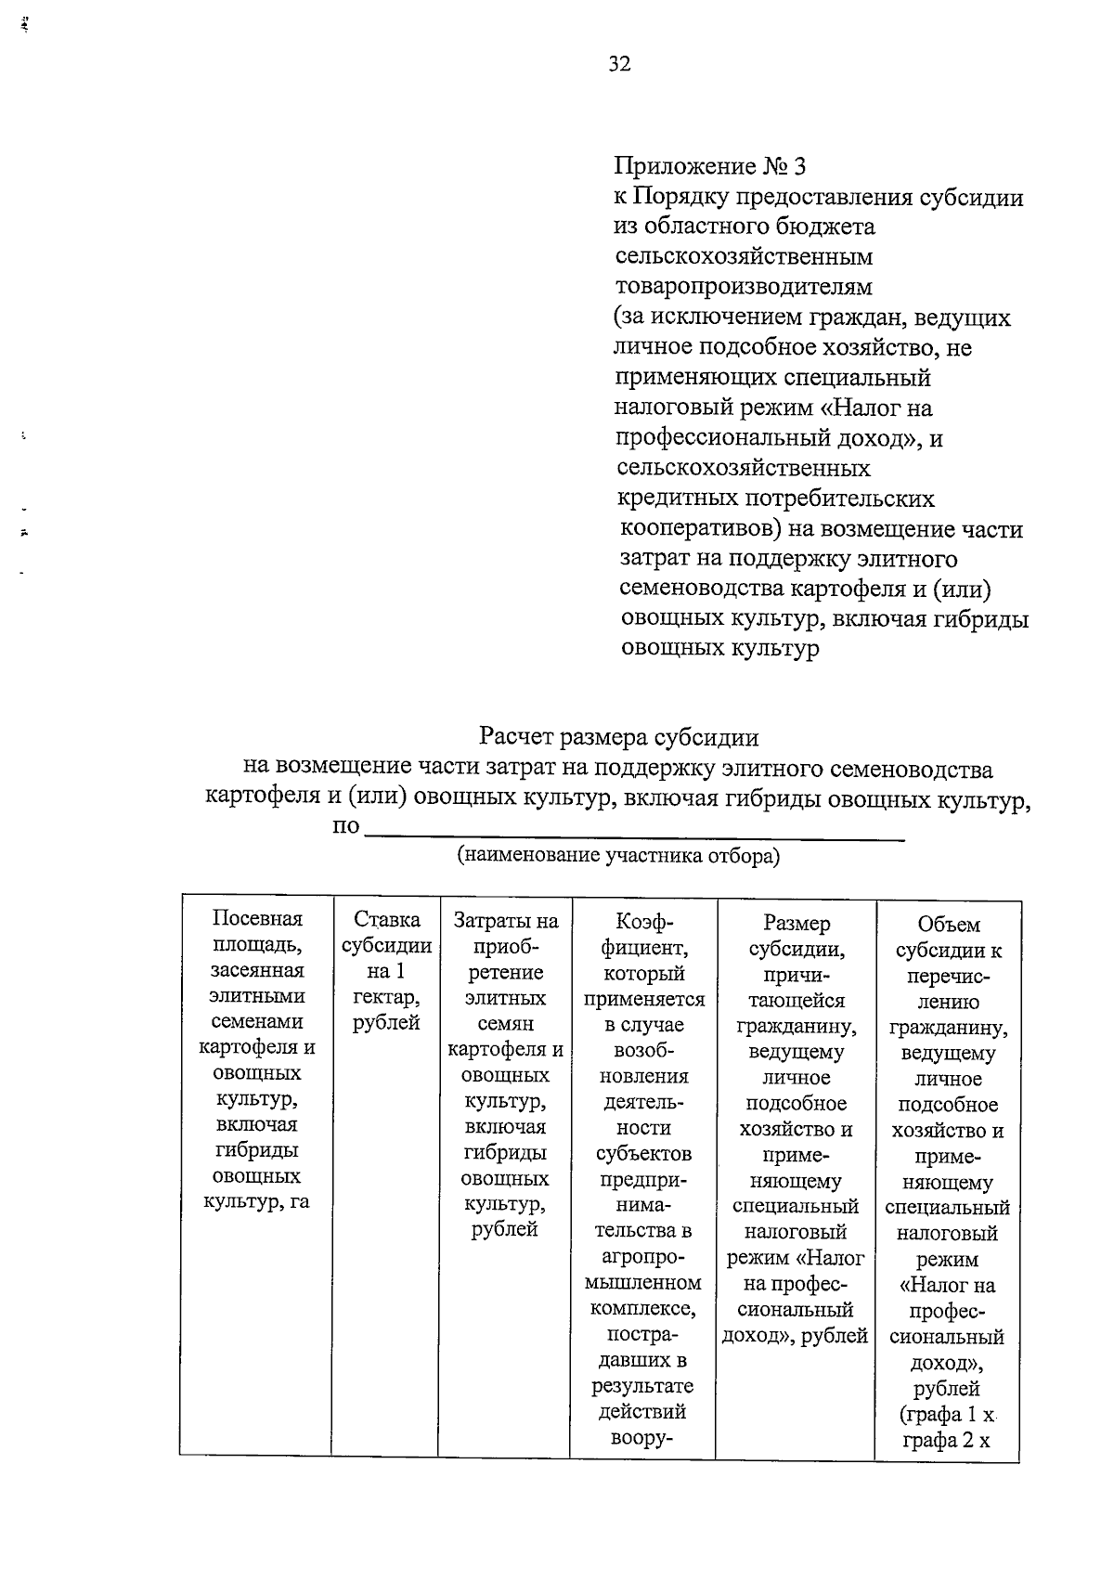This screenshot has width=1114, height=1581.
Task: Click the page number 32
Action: pos(619,63)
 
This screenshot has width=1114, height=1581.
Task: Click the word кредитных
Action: pos(679,499)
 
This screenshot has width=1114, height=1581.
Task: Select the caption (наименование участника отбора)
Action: pos(618,856)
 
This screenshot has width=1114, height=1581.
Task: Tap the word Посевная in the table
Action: pos(257,919)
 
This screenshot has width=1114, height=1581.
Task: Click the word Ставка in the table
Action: pos(386,920)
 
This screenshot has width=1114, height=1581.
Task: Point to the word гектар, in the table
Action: pos(386,997)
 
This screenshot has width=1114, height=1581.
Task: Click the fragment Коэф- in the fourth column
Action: pos(643,922)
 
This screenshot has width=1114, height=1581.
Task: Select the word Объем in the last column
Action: pos(948,925)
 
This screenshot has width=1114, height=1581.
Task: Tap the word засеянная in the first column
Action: pos(257,970)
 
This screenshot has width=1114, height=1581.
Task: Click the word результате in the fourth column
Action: pos(642,1386)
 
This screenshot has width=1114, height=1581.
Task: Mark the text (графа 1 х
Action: pos(948,1416)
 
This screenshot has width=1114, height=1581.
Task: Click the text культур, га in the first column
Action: pos(256,1202)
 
